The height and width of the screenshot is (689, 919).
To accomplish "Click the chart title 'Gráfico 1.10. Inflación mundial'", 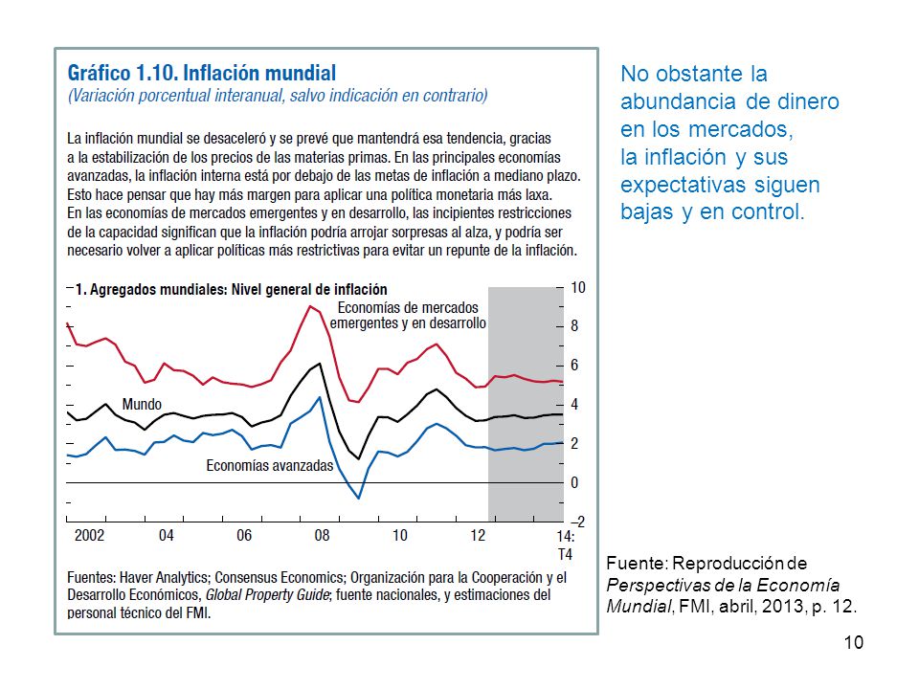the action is point(202,74).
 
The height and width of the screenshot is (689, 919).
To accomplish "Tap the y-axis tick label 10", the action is point(578,288).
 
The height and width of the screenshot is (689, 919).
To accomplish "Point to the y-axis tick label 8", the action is point(574,325).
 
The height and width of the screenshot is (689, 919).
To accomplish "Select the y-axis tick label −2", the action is point(577,522).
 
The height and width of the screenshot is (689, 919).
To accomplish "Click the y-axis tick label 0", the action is point(574,482).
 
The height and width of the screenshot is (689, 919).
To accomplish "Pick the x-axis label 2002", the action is point(90,536).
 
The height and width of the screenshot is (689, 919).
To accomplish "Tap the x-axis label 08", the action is point(322,536).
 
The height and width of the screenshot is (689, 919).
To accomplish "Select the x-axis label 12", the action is point(478,536).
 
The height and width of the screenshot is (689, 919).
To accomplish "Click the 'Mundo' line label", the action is point(142,404).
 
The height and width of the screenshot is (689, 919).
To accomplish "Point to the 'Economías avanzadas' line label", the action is point(270,466).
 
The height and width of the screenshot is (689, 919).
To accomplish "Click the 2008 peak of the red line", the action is point(310,306).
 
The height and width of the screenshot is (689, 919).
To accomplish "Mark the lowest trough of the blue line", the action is point(359,498).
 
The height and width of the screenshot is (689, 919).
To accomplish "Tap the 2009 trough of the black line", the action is point(359,458).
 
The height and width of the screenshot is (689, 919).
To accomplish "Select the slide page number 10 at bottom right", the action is point(853,643).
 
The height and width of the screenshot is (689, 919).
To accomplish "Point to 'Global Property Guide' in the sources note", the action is point(267,595).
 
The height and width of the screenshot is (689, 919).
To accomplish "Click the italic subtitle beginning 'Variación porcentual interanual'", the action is point(278,96).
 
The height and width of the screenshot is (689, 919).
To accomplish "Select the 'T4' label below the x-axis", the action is point(565,554).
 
